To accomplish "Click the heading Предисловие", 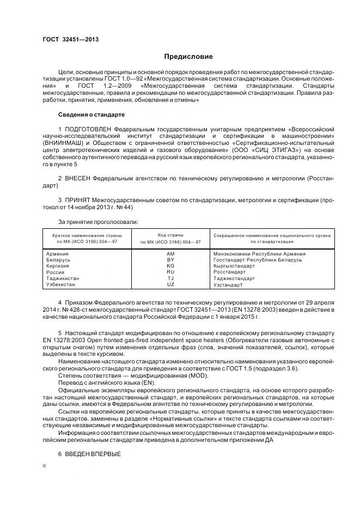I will pyautogui.click(x=189, y=57).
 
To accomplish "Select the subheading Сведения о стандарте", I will pyautogui.click(x=91, y=115).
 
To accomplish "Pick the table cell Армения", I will pyautogui.click(x=58, y=254).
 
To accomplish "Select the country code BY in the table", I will pyautogui.click(x=170, y=260).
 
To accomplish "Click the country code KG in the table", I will pyautogui.click(x=170, y=265).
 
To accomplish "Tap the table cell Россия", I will pyautogui.click(x=56, y=271).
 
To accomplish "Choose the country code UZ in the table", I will pyautogui.click(x=170, y=284).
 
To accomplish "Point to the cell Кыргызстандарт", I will pyautogui.click(x=234, y=265).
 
